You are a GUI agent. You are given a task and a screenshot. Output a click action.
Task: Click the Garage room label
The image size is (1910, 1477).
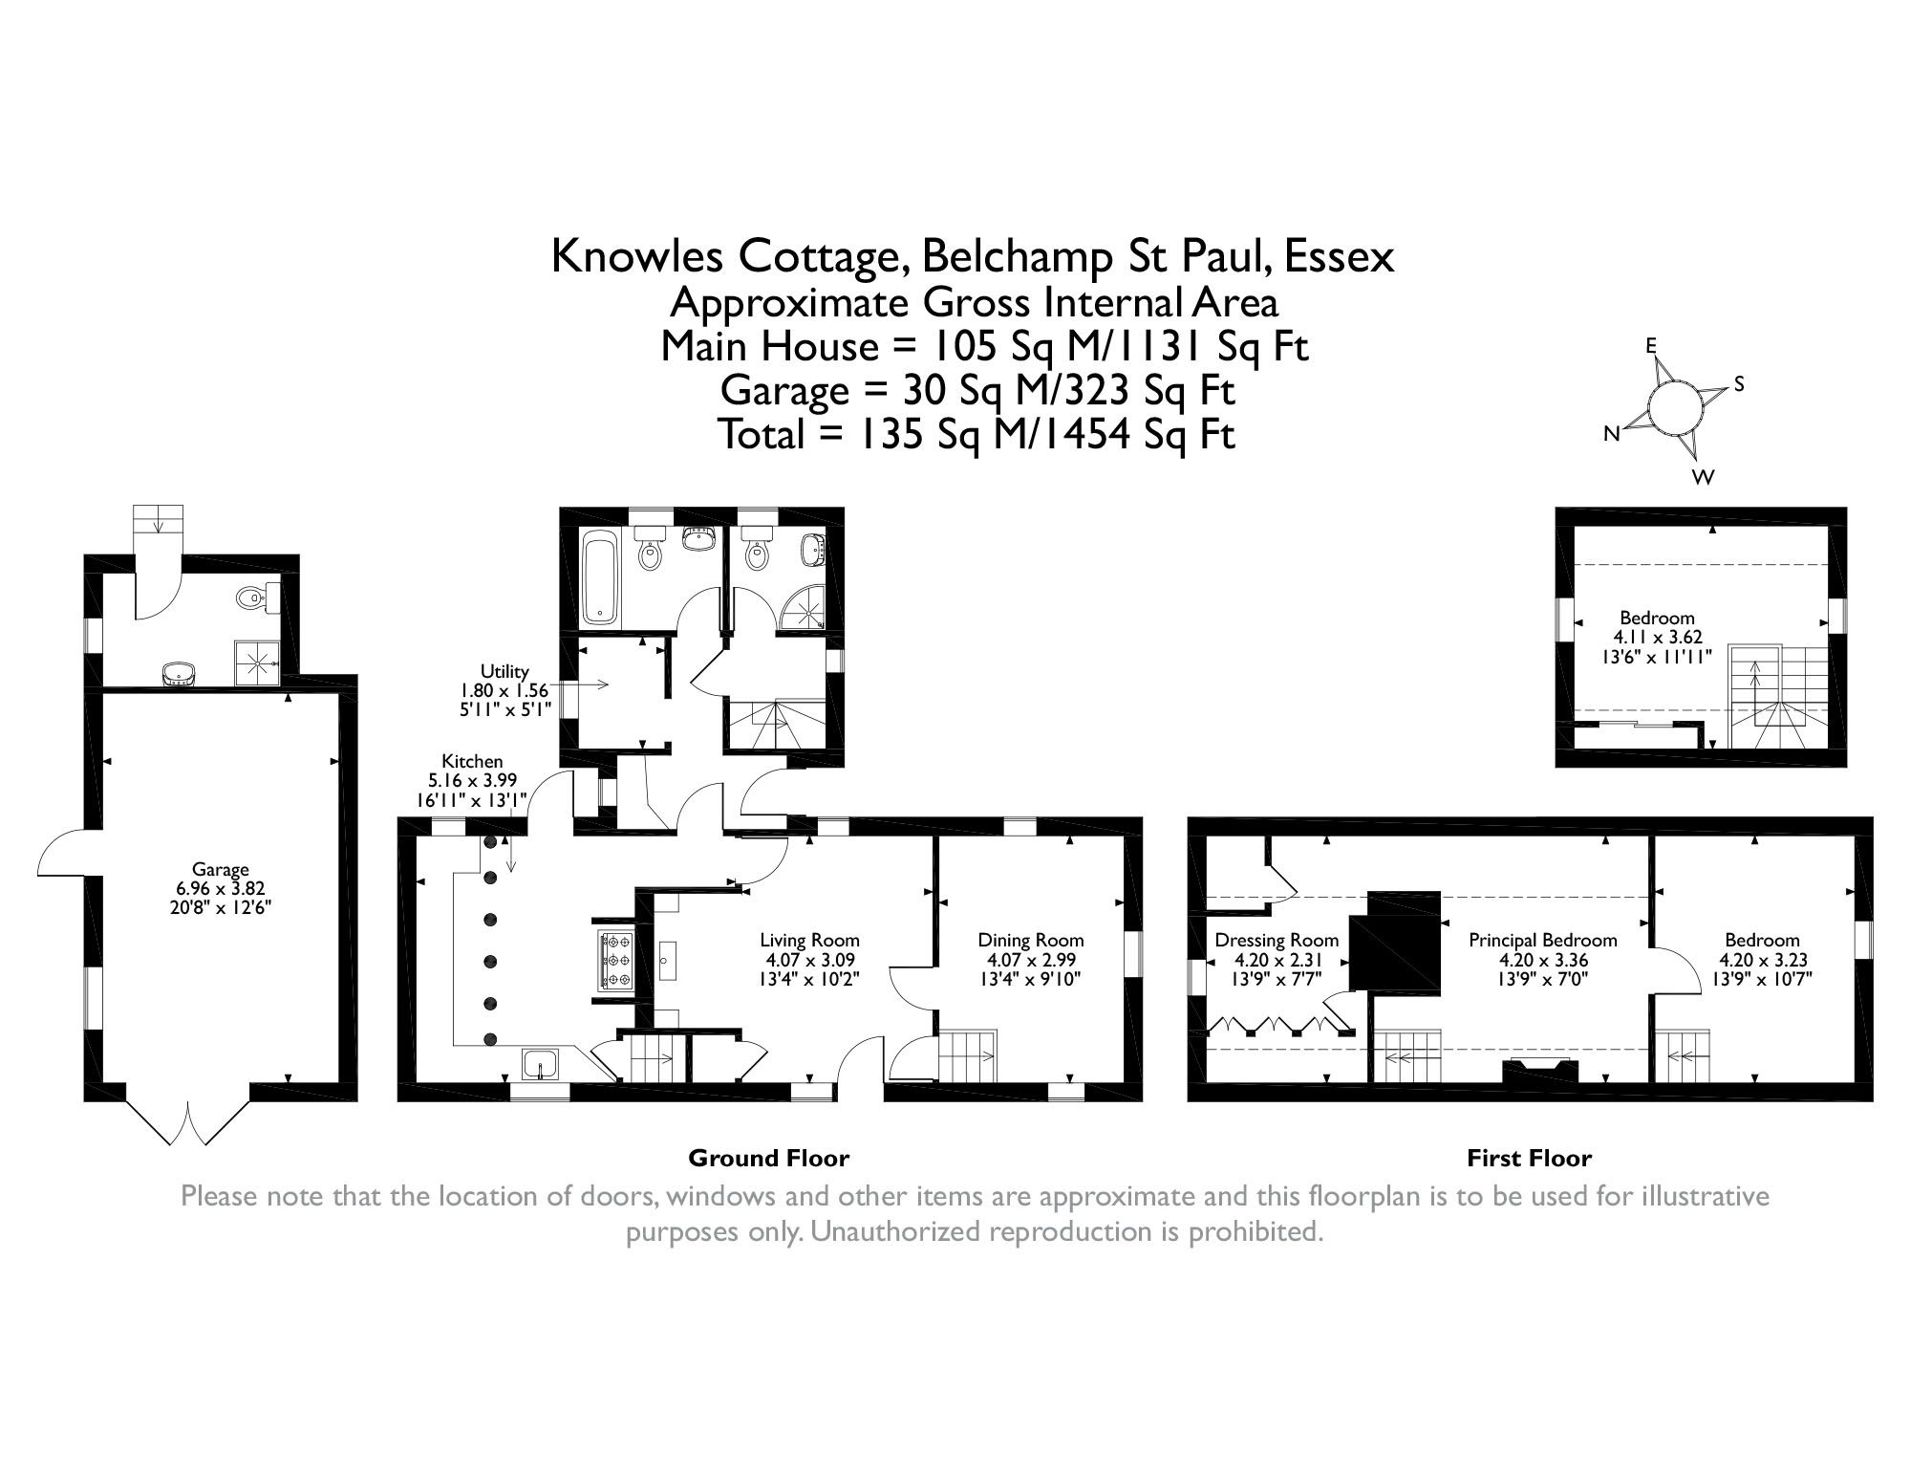(221, 869)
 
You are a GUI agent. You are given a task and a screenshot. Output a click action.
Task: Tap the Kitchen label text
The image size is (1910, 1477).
(472, 761)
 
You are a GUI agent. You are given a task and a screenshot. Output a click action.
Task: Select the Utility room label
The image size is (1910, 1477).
(504, 672)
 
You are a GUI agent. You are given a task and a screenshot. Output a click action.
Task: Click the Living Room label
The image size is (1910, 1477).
(809, 940)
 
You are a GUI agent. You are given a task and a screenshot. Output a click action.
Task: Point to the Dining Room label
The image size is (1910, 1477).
(1030, 940)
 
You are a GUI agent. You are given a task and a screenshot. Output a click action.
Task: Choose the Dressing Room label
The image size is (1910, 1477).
(1277, 940)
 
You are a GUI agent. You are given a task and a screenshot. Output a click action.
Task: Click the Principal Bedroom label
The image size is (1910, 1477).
(1542, 940)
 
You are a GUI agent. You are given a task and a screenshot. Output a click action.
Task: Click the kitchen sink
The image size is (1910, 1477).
(543, 1064)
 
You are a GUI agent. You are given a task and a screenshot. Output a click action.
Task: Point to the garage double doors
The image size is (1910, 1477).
(188, 1123)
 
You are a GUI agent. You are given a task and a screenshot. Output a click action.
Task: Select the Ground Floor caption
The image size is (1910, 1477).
(768, 1158)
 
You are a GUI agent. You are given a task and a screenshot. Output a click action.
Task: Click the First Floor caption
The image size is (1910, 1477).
(1529, 1158)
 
